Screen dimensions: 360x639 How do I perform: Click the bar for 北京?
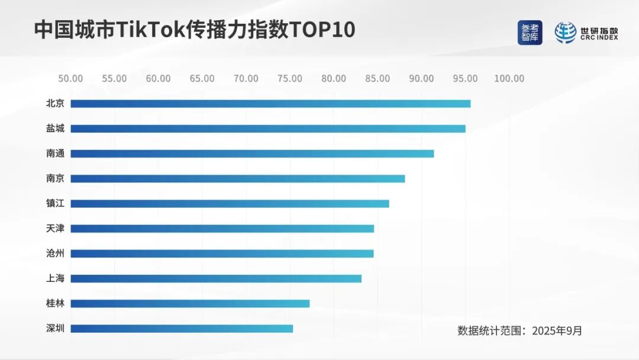pos(270,104)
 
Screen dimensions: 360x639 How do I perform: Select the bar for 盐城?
pos(268,128)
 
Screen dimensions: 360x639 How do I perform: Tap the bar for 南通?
pos(252,153)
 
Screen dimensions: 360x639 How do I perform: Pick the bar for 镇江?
pos(230,204)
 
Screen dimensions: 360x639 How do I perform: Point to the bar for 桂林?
pos(190,304)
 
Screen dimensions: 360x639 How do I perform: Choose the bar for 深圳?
pos(182,329)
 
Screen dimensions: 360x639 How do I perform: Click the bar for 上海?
pos(216,279)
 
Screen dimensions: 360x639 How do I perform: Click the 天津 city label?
pos(55,229)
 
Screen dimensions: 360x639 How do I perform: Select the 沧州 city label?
pos(55,253)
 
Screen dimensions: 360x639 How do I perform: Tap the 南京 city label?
pos(55,178)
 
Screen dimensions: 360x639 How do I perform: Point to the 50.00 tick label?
pos(70,79)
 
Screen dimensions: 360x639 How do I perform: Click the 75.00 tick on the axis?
pos(290,79)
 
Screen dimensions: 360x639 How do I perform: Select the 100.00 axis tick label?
pos(509,79)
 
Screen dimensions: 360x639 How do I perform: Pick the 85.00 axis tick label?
pos(377,79)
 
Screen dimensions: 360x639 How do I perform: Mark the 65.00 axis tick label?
pos(202,79)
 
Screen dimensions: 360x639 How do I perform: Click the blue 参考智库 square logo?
pos(530,33)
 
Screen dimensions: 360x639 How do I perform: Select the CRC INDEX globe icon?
pos(565,33)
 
